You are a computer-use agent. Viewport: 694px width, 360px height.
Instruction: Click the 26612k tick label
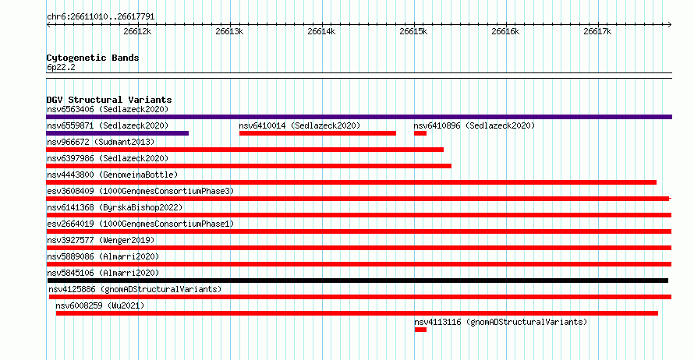[x=137, y=31]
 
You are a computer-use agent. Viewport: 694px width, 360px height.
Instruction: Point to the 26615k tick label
[x=413, y=31]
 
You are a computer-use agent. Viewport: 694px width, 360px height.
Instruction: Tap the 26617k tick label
[x=597, y=31]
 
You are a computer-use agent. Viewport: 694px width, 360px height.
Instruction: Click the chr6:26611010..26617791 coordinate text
[x=101, y=17]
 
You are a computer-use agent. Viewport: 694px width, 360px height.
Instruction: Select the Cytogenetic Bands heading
[x=93, y=58]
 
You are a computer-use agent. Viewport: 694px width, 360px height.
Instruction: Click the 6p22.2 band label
[x=61, y=67]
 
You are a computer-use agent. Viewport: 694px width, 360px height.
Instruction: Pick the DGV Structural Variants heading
[x=109, y=100]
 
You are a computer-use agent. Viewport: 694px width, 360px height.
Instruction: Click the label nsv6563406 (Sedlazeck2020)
[x=108, y=109]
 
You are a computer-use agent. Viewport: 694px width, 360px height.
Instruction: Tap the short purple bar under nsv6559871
[x=117, y=133]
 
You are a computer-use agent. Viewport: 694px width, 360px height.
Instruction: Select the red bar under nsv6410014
[x=317, y=133]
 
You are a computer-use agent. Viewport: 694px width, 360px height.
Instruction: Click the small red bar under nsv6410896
[x=420, y=133]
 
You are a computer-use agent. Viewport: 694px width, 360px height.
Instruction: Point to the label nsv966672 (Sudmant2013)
[x=101, y=142]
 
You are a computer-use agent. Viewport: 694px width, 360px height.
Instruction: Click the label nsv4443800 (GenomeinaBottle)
[x=112, y=175]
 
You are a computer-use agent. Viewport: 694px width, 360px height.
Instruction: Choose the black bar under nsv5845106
[x=358, y=281]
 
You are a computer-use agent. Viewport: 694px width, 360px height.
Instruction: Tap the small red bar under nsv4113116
[x=420, y=330]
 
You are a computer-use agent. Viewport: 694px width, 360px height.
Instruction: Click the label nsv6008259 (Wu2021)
[x=100, y=305]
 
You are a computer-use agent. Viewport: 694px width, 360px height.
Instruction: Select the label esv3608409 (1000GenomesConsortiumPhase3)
[x=140, y=191]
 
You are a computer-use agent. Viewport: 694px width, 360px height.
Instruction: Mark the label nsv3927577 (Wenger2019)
[x=101, y=240]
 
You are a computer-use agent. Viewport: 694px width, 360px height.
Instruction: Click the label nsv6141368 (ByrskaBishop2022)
[x=115, y=207]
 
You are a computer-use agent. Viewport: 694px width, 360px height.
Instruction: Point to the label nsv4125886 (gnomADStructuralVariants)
[x=135, y=289]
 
